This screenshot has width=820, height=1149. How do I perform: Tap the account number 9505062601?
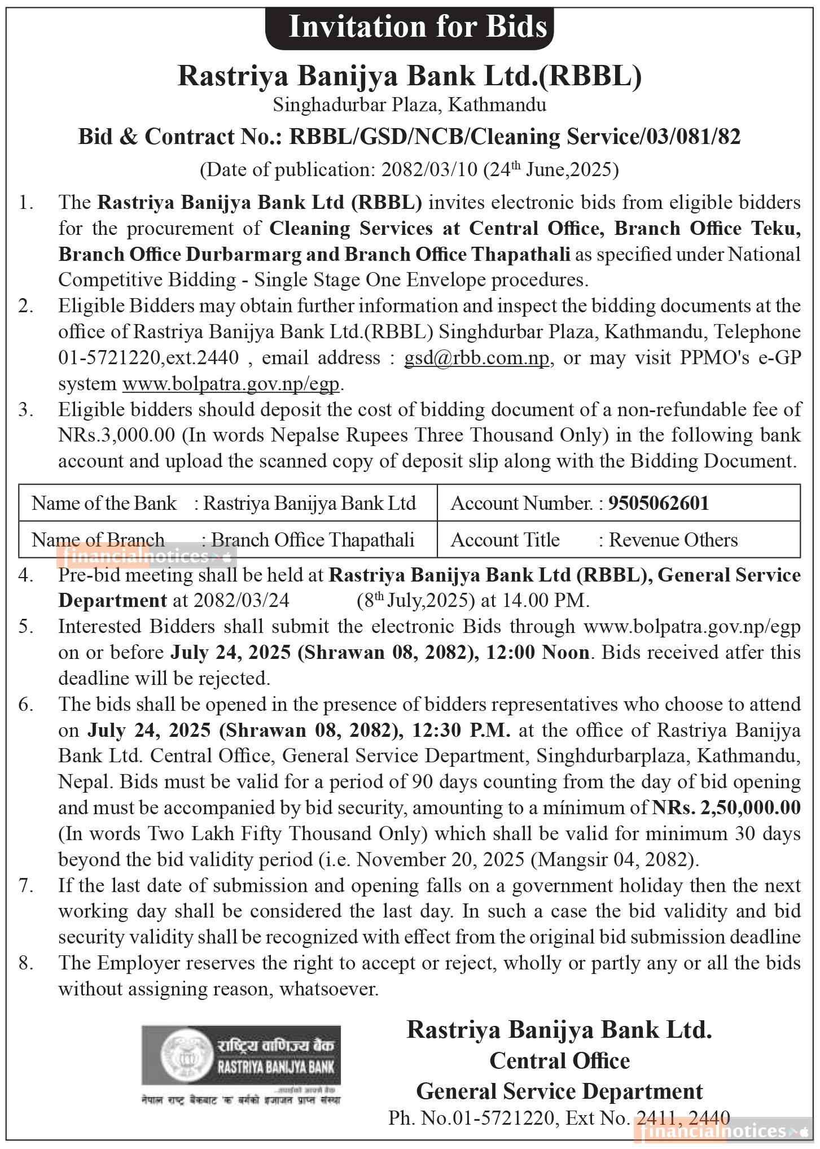pos(658,503)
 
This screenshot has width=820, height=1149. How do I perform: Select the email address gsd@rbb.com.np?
pos(476,358)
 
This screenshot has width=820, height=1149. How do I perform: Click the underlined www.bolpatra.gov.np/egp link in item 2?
pos(231,384)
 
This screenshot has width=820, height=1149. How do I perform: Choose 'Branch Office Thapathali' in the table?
pos(313,540)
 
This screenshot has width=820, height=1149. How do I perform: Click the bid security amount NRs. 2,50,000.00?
pos(726,807)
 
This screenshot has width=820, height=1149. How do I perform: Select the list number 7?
pos(25,885)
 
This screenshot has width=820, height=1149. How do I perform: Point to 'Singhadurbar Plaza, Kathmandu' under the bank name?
pos(410,105)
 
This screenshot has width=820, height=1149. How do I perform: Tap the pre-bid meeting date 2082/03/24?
pos(241,600)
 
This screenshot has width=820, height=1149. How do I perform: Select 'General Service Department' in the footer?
pos(559,1091)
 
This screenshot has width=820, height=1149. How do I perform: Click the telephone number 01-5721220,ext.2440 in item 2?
pos(148,358)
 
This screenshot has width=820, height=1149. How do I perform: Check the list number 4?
pos(25,575)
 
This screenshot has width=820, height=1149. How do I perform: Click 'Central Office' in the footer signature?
pos(559,1060)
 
